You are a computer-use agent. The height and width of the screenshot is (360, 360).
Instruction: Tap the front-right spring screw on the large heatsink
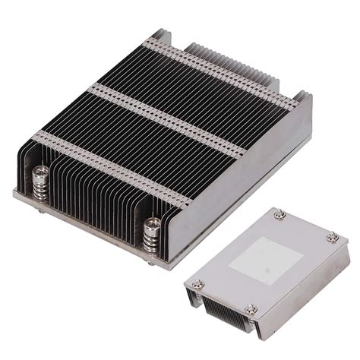(150, 231)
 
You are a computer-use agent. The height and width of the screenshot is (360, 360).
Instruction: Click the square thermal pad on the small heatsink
(263, 257)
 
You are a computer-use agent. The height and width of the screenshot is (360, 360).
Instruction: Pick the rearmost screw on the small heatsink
(280, 218)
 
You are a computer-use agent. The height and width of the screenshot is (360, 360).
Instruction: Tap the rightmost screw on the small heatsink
(332, 238)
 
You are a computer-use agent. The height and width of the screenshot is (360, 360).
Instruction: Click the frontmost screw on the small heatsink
(251, 308)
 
